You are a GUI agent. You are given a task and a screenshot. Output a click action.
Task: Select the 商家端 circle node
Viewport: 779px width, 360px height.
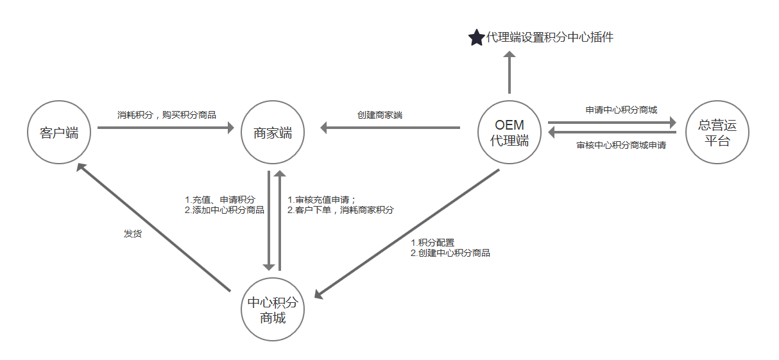[273, 133]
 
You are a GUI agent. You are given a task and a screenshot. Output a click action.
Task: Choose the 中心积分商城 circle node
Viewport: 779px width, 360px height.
[273, 310]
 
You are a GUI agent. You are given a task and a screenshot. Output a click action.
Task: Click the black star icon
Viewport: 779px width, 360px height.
[476, 38]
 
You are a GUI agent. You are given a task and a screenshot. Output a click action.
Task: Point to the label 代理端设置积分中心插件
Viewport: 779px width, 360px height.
[550, 37]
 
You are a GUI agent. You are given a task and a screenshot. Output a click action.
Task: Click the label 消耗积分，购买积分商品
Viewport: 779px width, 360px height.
[167, 116]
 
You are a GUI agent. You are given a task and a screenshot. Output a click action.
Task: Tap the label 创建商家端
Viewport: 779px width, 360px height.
[380, 116]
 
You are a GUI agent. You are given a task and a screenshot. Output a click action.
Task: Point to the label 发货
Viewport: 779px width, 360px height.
[133, 234]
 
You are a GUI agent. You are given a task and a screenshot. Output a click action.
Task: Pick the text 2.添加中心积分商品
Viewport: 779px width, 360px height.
[224, 210]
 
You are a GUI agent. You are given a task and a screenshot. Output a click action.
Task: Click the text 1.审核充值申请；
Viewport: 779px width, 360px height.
[321, 200]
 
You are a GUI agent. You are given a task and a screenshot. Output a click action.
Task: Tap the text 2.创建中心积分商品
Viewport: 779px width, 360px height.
[450, 253]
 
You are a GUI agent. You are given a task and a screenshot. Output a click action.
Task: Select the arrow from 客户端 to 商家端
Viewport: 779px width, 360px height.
[166, 128]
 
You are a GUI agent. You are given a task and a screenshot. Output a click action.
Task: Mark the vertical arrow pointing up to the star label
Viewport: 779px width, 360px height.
[509, 74]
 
